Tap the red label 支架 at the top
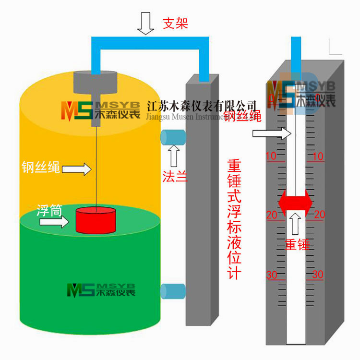coord(175,23)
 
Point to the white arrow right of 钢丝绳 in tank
coord(77,168)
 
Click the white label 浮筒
coord(49,210)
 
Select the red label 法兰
coord(174,176)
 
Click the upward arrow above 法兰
coord(174,155)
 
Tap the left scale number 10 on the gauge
coord(271,156)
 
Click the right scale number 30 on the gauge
coord(317,275)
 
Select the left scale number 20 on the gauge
coord(272,215)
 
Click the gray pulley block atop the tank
coord(96,84)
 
